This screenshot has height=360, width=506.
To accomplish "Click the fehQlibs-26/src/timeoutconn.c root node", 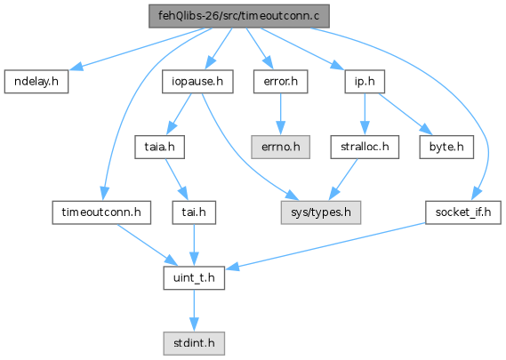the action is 239,16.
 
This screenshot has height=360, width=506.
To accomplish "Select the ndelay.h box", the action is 36,82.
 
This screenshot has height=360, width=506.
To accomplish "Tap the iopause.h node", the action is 197,82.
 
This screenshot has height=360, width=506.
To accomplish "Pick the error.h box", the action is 280,82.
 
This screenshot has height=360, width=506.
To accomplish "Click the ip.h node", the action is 365,82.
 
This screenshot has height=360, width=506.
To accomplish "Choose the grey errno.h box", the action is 280,147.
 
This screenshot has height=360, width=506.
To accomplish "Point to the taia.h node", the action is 160,147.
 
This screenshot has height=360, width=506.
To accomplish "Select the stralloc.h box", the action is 365,147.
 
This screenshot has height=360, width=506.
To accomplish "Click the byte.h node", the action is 446,147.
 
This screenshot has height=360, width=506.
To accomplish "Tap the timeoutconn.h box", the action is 101,212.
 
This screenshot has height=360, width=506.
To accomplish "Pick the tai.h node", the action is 194,212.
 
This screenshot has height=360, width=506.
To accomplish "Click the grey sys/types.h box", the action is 321,212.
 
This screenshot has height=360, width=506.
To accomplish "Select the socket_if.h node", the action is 463,212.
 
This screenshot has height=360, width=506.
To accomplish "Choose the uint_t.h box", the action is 194,278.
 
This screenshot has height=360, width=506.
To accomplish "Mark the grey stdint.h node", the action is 194,343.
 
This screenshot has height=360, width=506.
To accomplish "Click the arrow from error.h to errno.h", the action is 280,114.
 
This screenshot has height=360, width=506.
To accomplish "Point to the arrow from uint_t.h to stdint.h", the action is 194,310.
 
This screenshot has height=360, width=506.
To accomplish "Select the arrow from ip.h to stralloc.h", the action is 365,114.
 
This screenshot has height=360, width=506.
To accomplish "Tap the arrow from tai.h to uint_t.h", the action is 194,245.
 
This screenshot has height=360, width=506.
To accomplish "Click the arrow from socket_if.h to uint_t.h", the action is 326,246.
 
